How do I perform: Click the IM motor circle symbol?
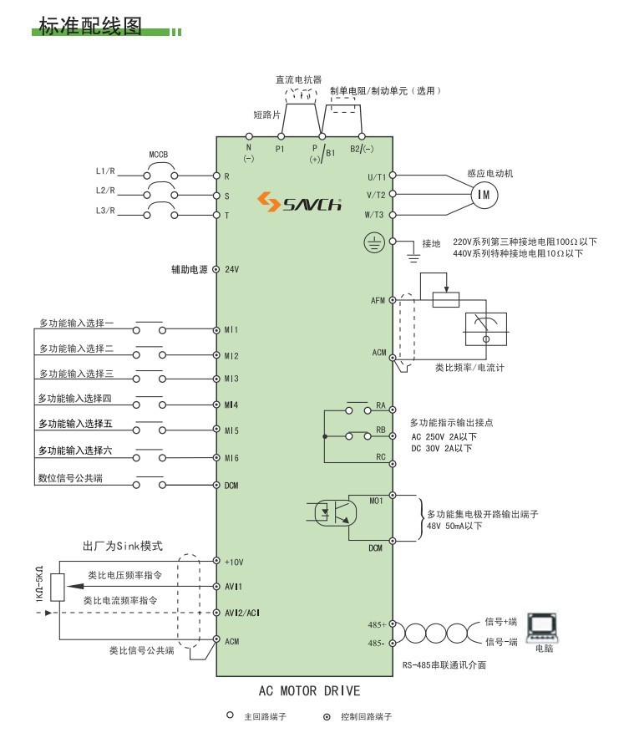(484, 194)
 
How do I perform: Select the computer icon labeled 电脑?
(544, 626)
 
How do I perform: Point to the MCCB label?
(159, 155)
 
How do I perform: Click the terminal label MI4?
(231, 405)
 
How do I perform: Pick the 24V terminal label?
(232, 270)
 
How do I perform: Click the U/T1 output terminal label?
(377, 176)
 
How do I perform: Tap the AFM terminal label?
(378, 300)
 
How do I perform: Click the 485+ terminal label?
(377, 624)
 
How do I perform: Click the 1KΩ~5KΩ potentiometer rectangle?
(57, 588)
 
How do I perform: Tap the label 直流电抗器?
(298, 80)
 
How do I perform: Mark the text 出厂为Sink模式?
(122, 546)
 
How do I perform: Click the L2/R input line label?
(105, 191)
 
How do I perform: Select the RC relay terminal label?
(380, 457)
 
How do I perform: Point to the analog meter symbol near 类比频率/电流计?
(490, 328)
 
